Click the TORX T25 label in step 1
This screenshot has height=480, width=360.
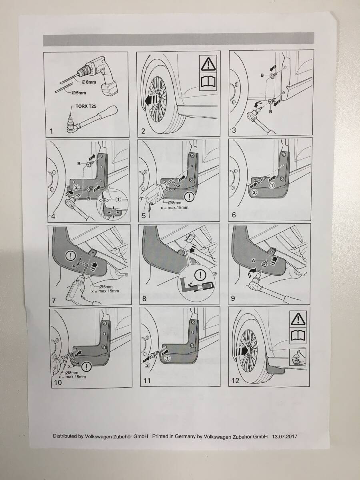[x=86, y=107]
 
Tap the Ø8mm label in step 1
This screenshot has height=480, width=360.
[x=89, y=82]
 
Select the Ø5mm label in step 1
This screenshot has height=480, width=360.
[x=79, y=93]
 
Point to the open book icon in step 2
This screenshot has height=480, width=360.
[x=208, y=82]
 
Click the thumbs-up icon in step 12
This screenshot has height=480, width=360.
[x=298, y=357]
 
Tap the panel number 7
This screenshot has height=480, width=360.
[x=54, y=300]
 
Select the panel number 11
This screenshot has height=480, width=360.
[x=147, y=381]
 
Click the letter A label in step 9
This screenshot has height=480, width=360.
[x=253, y=260]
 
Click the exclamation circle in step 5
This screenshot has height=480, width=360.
[x=189, y=197]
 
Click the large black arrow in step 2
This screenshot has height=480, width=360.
[x=151, y=100]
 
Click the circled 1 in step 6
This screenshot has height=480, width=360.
[x=272, y=186]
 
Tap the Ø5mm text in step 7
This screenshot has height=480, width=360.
[x=106, y=287]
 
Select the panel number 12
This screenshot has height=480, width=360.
[x=236, y=380]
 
